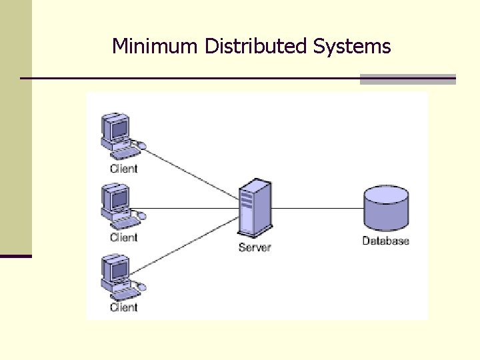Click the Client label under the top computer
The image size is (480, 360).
pos(124,169)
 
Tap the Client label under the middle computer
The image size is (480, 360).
pos(124,237)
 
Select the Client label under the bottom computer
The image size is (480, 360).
pos(124,307)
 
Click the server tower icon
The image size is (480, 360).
pos(255,209)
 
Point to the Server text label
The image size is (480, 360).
pos(255,248)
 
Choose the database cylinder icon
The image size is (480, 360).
pos(386,209)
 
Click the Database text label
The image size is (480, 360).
pos(386,241)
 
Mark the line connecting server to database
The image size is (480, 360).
pos(317,209)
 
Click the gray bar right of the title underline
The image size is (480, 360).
pos(407,79)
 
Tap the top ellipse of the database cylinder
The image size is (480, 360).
pos(386,195)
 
